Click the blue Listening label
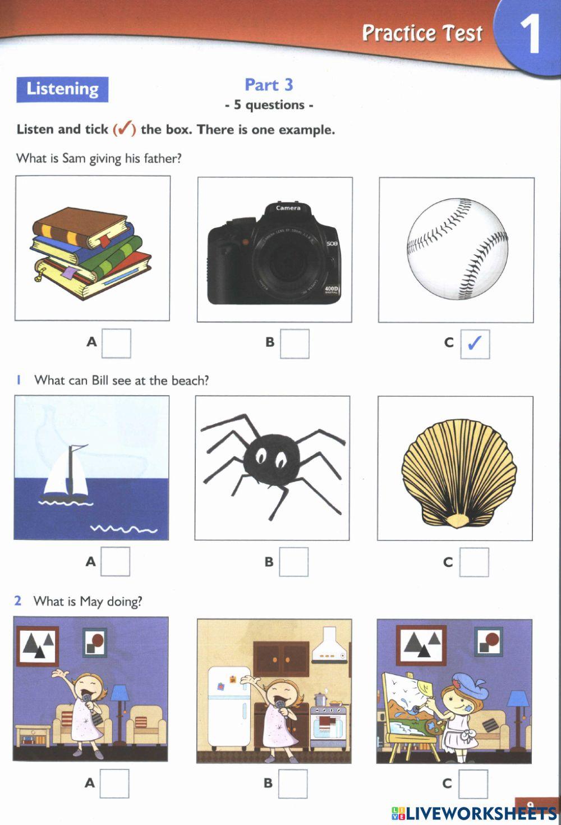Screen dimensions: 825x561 coord(62,89)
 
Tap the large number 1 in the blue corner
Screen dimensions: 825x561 coord(529,35)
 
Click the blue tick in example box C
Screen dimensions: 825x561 coord(475,343)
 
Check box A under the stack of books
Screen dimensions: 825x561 coord(116,343)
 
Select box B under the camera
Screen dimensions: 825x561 coord(295,343)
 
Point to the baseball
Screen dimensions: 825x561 coord(457,249)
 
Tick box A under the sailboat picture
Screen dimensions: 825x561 coord(115,561)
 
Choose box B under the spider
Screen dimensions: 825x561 coord(293,562)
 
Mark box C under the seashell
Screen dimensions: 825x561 coord(473,562)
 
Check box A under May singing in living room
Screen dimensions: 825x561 coord(114,783)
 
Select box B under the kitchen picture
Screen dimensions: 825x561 coord(293,783)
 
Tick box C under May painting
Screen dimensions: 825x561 coord(473,784)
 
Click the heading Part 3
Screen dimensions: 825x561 coord(269,85)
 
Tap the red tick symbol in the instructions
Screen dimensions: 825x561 coord(125,129)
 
